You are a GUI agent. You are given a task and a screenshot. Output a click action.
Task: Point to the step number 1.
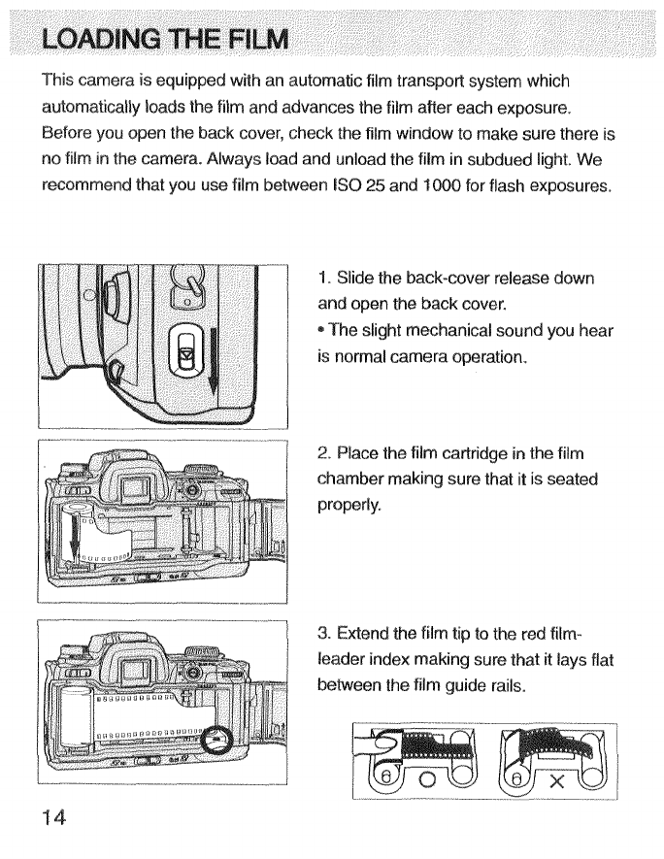[x=322, y=279]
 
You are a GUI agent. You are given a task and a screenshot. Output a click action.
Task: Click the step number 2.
[x=323, y=455]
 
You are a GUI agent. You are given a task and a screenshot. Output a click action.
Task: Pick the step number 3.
[x=323, y=634]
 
